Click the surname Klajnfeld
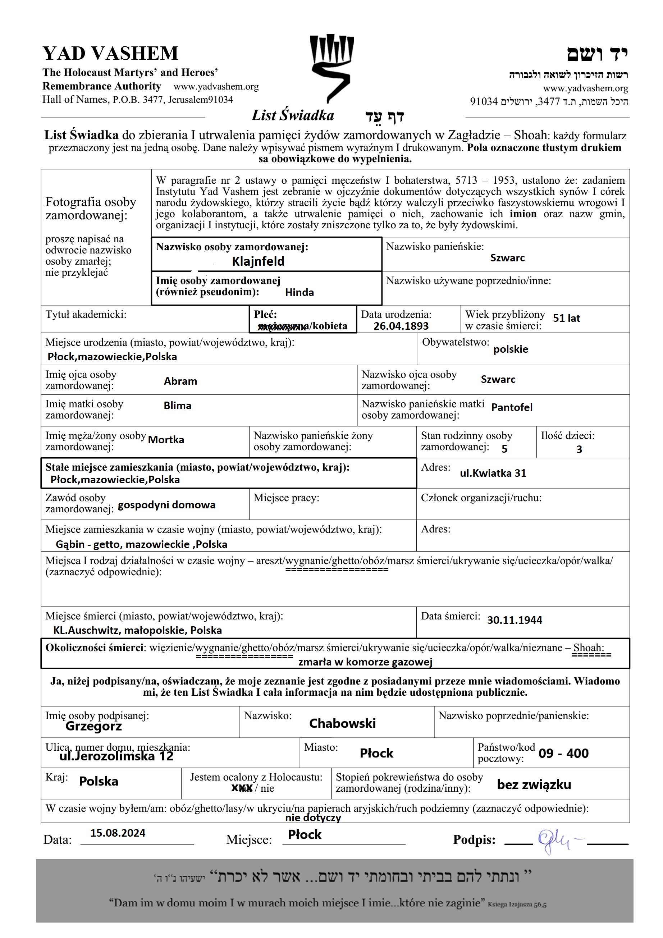[x=258, y=261]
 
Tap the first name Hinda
[x=300, y=293]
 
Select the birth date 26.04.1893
[x=401, y=326]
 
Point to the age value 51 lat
[x=566, y=318]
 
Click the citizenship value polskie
[x=511, y=349]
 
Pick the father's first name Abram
[x=180, y=381]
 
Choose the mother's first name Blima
[x=177, y=406]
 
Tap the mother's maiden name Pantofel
[x=512, y=407]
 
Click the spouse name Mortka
[x=166, y=440]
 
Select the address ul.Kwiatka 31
[x=493, y=473]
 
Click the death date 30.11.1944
[x=514, y=620]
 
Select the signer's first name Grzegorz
[x=93, y=726]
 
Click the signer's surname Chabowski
[x=342, y=723]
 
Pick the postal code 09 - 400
[x=563, y=753]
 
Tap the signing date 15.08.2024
[x=118, y=833]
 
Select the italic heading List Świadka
[x=292, y=116]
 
